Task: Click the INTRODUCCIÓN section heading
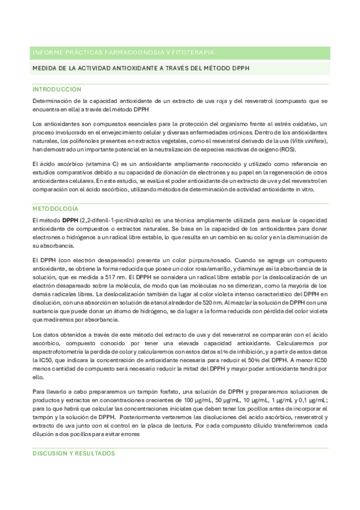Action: [56, 88]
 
